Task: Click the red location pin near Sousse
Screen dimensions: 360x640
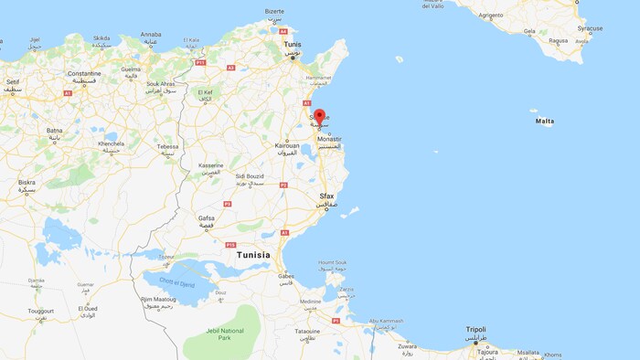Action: (319, 117)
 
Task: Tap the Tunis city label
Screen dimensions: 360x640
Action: (292, 44)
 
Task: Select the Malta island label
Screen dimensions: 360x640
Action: (545, 121)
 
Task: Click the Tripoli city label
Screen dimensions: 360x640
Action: (475, 329)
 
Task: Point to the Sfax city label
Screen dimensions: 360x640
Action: (327, 196)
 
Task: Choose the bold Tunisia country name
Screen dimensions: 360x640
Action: (253, 256)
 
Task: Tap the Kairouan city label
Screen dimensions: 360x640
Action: (288, 146)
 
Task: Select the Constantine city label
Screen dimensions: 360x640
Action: (84, 73)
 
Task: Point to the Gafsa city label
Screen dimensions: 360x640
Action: (207, 218)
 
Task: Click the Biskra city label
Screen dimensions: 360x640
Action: (27, 182)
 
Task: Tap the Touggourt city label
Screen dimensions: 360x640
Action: (41, 310)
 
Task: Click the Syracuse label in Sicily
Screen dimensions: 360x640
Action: (590, 28)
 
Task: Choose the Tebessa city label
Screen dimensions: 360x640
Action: (167, 146)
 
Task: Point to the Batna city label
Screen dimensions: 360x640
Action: (55, 131)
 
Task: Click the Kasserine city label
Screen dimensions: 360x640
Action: (211, 165)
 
